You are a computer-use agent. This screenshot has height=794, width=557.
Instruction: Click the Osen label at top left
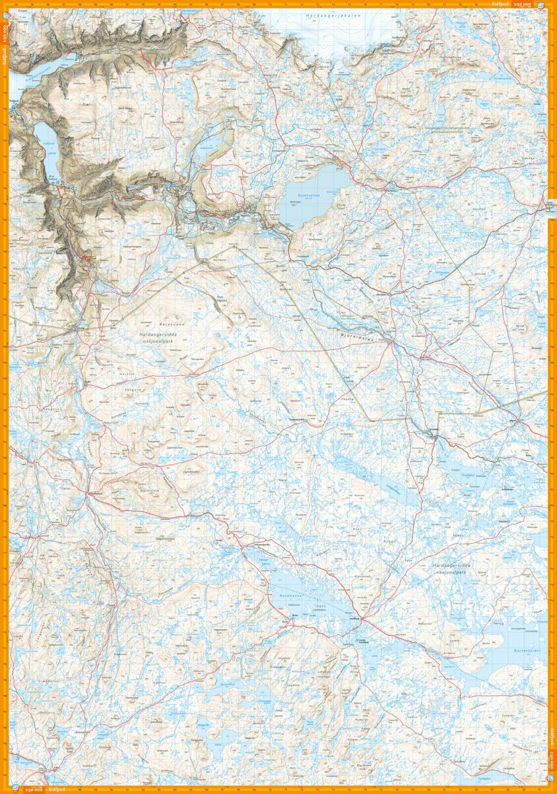[23, 11]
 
